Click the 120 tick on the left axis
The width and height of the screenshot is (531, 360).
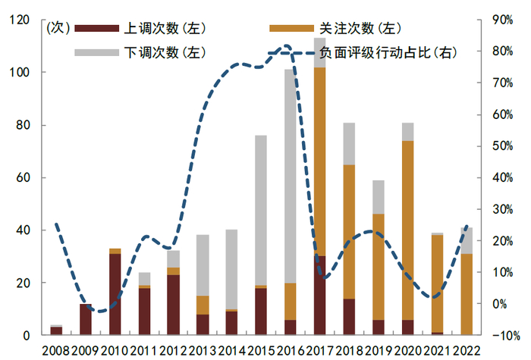pos(19,20)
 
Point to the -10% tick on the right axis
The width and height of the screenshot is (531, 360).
pos(502,336)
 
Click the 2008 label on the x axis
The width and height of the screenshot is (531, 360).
pos(56,350)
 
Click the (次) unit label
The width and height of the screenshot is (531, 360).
pos(58,29)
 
